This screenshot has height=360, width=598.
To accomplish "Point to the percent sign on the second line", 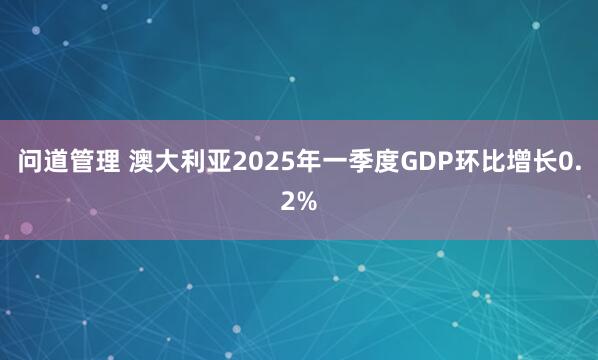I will click(306, 202).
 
